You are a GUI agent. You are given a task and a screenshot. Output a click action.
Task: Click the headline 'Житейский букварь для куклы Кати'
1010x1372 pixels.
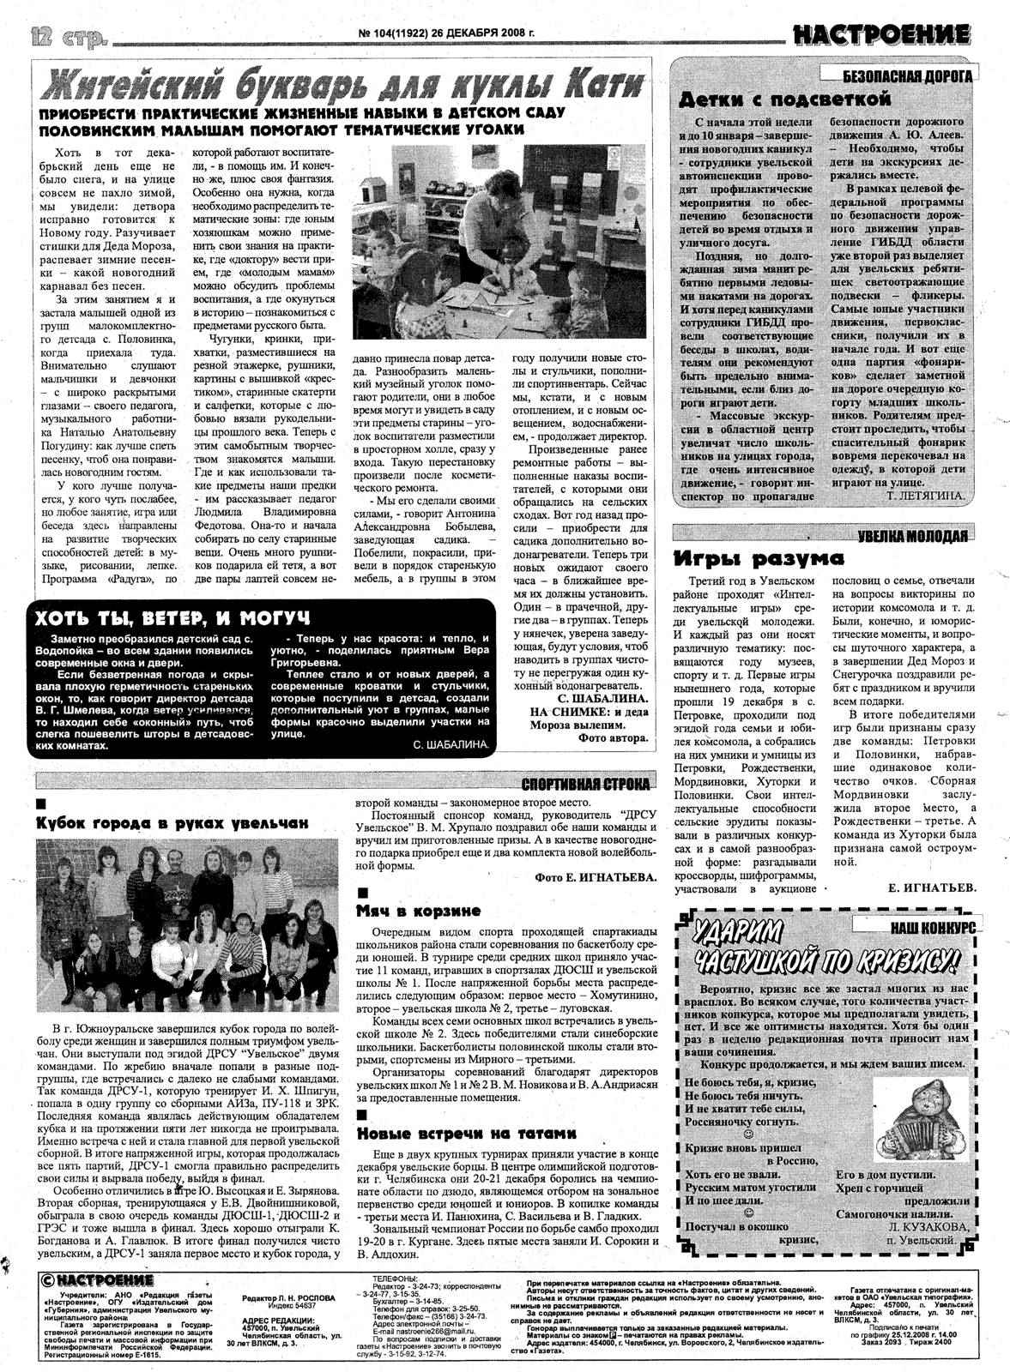click(x=343, y=85)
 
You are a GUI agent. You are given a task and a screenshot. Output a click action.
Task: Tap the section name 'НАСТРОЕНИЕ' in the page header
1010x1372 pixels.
click(x=881, y=35)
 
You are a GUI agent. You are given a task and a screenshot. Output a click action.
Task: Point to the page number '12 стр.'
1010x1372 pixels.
click(x=68, y=36)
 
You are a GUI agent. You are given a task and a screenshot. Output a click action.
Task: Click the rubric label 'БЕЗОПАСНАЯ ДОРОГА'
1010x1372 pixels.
click(x=907, y=75)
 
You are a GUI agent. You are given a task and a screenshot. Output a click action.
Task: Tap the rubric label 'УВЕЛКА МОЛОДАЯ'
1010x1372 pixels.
click(x=912, y=536)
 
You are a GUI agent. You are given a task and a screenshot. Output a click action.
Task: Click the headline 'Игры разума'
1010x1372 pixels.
click(x=759, y=559)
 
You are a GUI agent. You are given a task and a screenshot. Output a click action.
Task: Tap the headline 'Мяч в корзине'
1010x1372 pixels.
click(x=419, y=911)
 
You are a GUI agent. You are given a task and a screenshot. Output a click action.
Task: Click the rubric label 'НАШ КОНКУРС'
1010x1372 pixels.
click(x=932, y=928)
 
